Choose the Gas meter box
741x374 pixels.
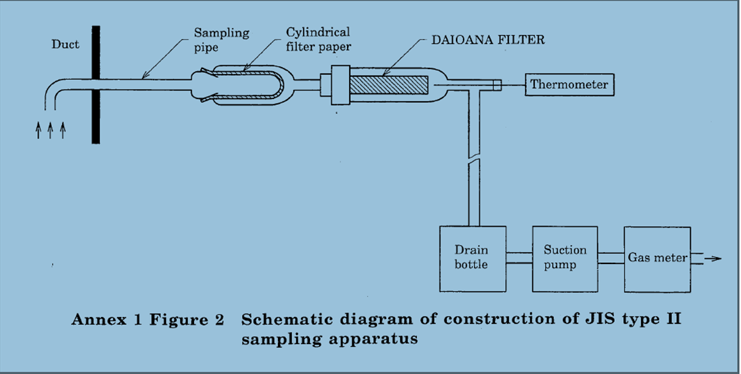(x=657, y=258)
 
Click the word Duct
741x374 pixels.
(x=66, y=45)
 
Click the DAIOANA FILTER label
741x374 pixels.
(x=485, y=40)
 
